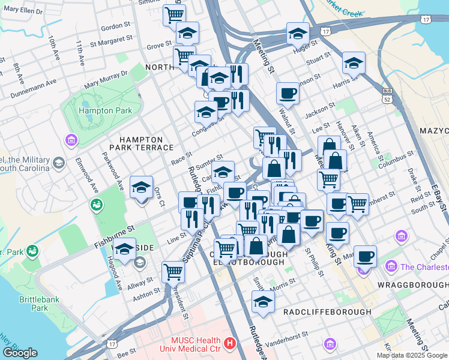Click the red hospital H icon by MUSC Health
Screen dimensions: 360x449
coord(229,344)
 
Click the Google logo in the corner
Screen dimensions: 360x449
coord(20,353)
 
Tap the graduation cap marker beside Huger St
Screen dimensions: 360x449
coord(298,34)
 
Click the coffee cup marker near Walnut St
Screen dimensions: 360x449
coord(288,94)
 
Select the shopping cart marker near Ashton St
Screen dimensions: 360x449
coord(173,272)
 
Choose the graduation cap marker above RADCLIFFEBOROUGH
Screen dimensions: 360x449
coord(263,304)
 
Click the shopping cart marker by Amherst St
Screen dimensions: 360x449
coord(357,204)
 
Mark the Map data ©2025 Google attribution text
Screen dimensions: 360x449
coord(412,355)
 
